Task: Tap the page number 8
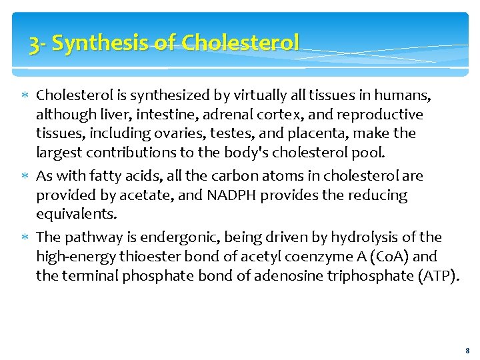tap(467, 350)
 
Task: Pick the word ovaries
tap(162, 133)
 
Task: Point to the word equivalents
tap(76, 215)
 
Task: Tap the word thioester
tap(139, 257)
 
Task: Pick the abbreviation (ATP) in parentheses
tap(437, 276)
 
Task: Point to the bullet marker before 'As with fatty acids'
tap(25, 176)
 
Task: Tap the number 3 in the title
tap(33, 44)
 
